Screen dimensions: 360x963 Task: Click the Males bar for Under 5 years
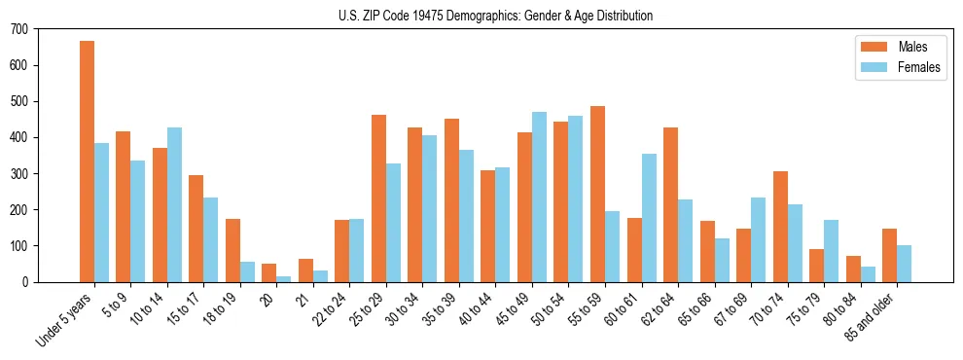pos(87,162)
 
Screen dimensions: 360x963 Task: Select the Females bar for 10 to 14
pos(174,204)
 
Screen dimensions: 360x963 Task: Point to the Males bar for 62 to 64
pos(670,204)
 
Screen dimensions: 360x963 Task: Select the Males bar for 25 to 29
pos(378,198)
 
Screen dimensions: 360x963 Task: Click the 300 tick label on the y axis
pos(19,173)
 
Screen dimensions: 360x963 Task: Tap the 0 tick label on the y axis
pos(26,282)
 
